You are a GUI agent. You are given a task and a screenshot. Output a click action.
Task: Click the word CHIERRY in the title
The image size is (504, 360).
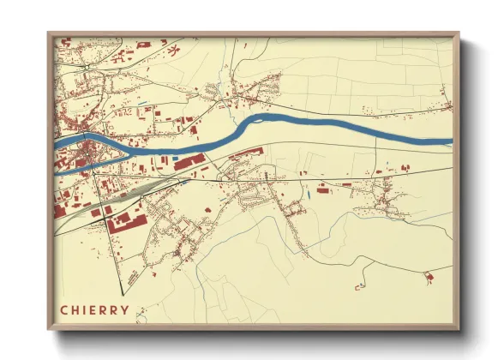tap(94, 310)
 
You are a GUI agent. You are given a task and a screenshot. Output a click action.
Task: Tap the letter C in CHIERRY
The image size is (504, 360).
tap(63, 310)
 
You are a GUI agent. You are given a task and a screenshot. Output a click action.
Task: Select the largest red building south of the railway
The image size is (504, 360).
tap(120, 219)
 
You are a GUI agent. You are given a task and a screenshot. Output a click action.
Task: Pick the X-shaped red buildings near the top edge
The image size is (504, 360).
tap(172, 49)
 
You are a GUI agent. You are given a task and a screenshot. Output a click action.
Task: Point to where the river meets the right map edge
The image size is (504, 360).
tap(450, 141)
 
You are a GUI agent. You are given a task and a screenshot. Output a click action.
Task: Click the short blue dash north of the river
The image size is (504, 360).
tap(148, 109)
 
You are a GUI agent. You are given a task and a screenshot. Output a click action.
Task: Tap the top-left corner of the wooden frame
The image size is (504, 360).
tap(49, 34)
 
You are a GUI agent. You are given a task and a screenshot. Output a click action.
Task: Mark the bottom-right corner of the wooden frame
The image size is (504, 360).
tap(459, 329)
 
